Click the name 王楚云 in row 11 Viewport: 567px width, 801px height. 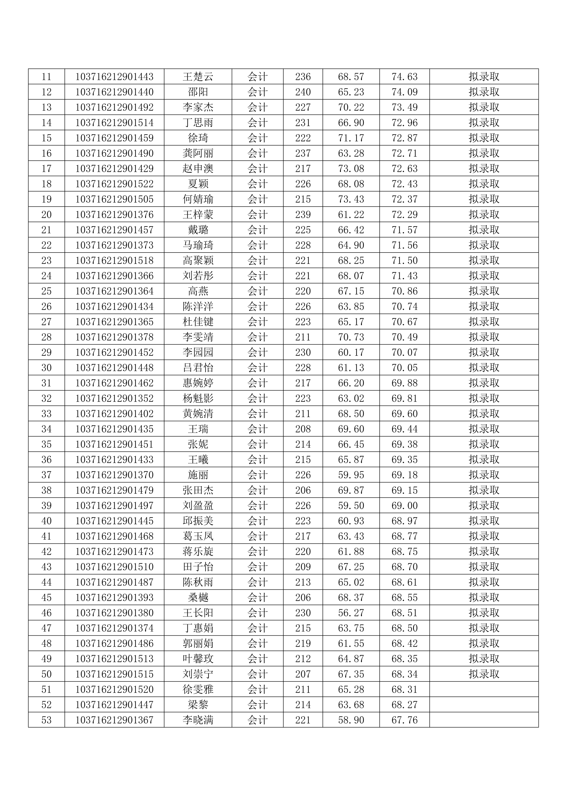[x=198, y=76]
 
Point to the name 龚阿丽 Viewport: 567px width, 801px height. [x=198, y=153]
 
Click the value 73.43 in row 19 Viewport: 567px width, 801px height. [x=351, y=199]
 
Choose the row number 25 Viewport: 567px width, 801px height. [x=47, y=291]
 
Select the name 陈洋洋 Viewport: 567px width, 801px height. [x=198, y=306]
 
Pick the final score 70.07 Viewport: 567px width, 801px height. [x=404, y=352]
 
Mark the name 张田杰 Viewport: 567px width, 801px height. [x=198, y=490]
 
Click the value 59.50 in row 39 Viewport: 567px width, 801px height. [x=351, y=506]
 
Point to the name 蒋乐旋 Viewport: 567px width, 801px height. [x=198, y=552]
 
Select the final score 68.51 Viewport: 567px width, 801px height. [x=404, y=613]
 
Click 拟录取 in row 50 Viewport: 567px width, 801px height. [x=484, y=674]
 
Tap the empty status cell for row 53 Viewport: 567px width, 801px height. [x=484, y=720]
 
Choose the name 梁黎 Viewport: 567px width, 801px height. [x=198, y=705]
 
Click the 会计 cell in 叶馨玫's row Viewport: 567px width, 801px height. [x=257, y=659]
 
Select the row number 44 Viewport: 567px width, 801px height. [x=47, y=582]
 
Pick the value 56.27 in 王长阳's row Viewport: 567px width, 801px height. [x=351, y=613]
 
